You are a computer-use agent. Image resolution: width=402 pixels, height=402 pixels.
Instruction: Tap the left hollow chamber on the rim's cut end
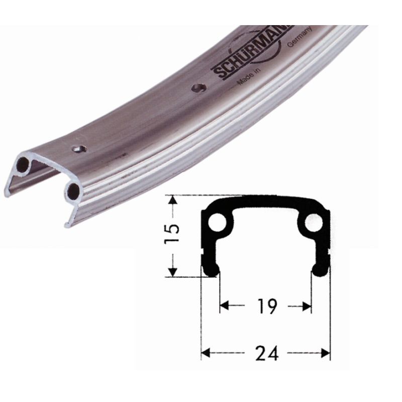tap(23, 164)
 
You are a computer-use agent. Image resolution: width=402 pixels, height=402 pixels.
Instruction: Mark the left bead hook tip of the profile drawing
tap(212, 270)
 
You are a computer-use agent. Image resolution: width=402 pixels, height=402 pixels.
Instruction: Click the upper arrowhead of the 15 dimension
tap(173, 200)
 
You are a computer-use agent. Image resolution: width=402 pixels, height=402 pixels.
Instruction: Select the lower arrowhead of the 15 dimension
tap(173, 271)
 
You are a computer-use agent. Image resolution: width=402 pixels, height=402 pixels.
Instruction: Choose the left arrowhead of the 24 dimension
tap(206, 353)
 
